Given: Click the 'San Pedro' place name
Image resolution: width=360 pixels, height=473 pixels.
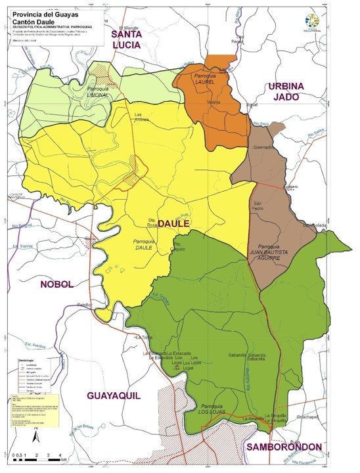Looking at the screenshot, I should (x=261, y=206).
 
